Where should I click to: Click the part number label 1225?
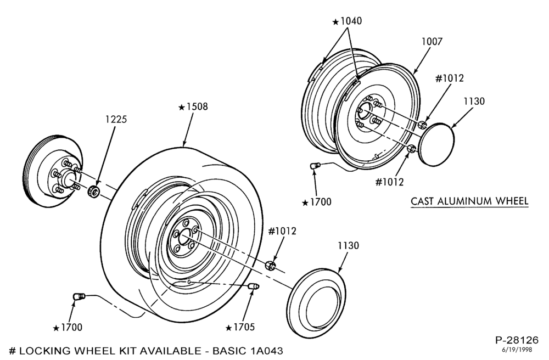(x=116, y=119)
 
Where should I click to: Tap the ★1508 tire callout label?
(x=193, y=106)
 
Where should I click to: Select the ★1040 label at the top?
(x=347, y=21)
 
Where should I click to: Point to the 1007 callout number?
(x=432, y=41)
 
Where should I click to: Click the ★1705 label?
(x=240, y=327)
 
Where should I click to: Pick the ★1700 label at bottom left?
(x=68, y=328)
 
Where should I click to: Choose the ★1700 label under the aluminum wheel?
(x=317, y=202)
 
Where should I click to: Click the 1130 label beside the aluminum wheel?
(x=474, y=102)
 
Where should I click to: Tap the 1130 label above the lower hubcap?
(x=349, y=246)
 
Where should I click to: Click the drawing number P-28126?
(x=517, y=340)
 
